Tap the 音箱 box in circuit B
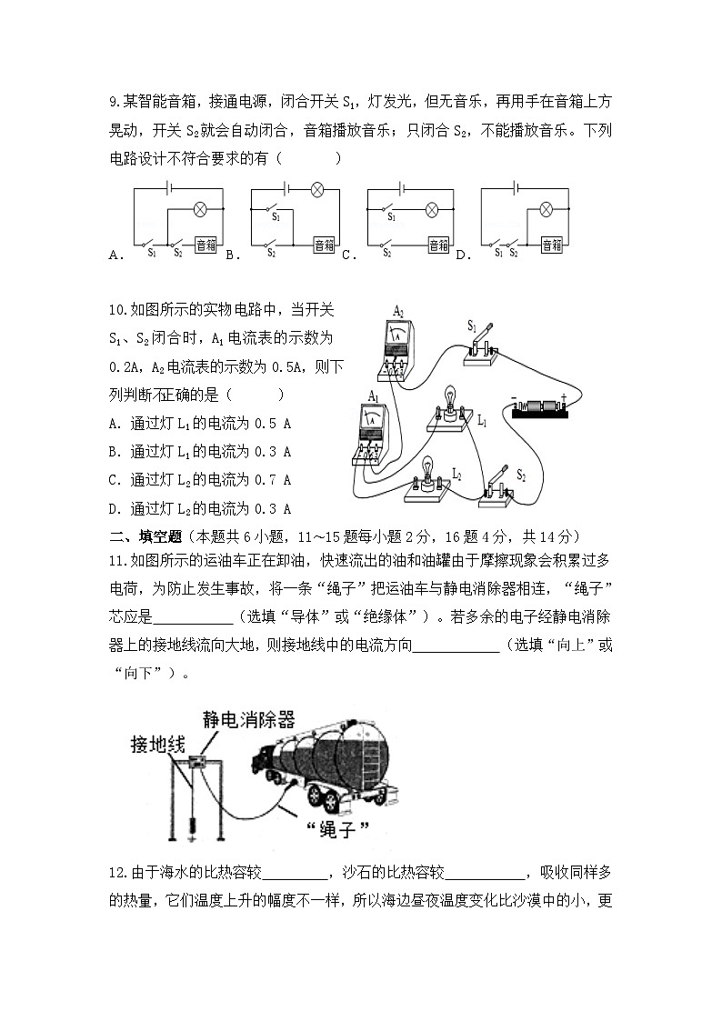324,245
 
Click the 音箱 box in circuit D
551,245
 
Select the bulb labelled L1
448,404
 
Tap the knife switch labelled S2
496,484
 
